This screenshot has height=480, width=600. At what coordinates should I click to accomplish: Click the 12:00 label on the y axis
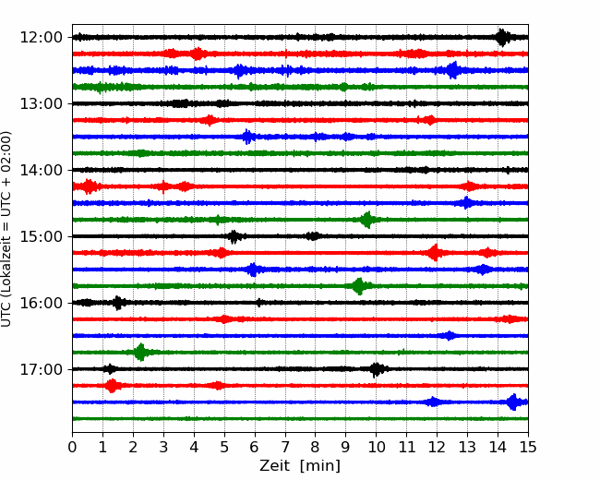41,38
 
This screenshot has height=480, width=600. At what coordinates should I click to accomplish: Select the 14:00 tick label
41,170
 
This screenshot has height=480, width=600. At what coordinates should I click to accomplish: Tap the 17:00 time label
41,369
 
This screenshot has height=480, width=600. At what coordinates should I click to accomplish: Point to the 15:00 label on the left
41,236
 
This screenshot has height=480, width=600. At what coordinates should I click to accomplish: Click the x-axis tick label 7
284,447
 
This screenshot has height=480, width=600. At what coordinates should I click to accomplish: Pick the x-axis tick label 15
528,447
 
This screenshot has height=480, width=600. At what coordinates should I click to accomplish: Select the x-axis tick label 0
72,447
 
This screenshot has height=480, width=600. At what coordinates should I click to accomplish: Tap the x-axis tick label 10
376,447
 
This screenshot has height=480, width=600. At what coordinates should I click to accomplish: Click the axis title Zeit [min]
300,466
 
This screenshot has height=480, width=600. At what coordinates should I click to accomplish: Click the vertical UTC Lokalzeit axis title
6,229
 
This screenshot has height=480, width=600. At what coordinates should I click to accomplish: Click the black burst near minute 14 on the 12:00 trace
502,38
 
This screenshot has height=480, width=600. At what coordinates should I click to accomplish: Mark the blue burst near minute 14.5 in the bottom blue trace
513,402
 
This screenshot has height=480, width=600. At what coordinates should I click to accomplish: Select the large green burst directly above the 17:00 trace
141,352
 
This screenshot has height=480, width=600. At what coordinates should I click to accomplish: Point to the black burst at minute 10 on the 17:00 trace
376,369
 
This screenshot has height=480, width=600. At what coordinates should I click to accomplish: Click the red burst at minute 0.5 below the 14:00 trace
89,186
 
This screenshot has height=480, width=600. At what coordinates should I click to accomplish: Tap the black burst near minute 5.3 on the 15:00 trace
234,236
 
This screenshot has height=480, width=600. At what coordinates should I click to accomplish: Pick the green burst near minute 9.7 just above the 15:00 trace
367,220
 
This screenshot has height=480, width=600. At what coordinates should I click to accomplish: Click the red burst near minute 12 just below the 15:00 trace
435,253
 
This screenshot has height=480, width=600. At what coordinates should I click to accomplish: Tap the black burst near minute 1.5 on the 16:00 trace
118,303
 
